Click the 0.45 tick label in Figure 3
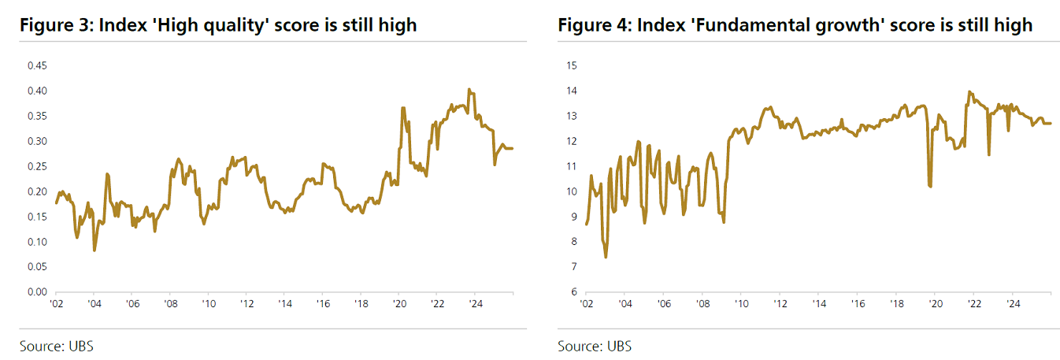point(38,65)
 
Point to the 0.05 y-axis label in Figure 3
point(38,266)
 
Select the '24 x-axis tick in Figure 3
point(475,303)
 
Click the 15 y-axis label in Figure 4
point(572,65)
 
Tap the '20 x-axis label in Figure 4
point(933,303)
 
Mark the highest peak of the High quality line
point(469,90)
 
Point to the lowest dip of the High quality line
point(95,251)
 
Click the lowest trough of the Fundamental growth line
point(606,257)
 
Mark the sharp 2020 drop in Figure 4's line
point(931,187)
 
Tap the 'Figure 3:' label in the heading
point(53,25)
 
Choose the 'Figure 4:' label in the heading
point(592,25)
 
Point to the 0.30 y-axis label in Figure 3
point(38,141)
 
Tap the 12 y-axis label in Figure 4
point(572,141)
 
